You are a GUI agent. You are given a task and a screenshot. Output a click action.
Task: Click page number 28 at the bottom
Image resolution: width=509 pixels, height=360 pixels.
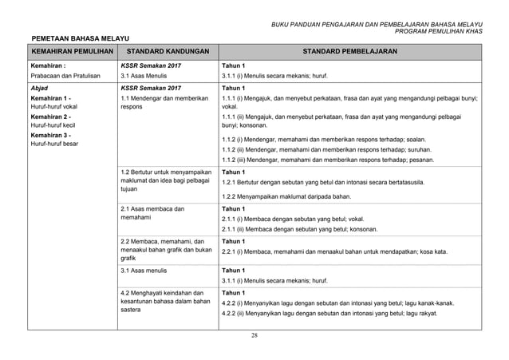[x=254, y=334]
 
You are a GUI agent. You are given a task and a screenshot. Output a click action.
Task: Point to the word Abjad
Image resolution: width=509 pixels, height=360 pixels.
[x=38, y=88]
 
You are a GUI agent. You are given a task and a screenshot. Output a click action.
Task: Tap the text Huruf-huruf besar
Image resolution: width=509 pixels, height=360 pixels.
[x=55, y=144]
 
